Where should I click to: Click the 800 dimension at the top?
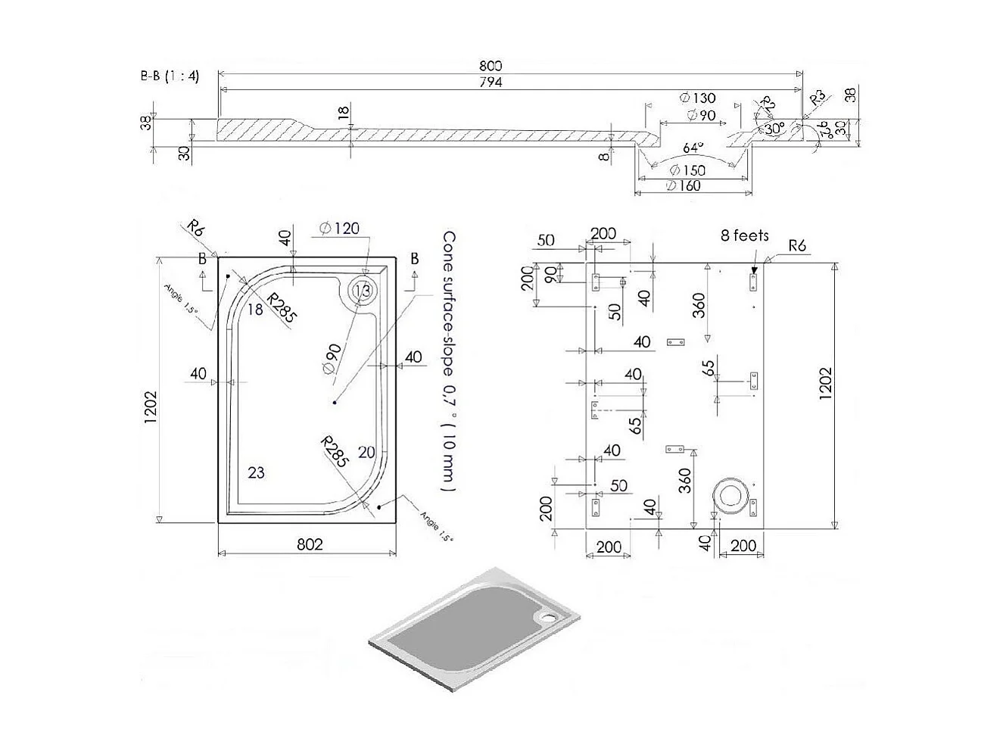[x=491, y=67]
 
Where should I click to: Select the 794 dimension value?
[x=491, y=82]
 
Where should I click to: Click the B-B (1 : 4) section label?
[x=169, y=76]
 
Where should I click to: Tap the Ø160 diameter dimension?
[x=684, y=185]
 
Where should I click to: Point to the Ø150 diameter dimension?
[x=687, y=170]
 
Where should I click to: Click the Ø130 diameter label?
[x=697, y=98]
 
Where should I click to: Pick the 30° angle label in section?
[x=774, y=129]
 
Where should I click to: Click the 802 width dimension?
[x=310, y=544]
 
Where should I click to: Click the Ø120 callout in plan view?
[x=339, y=228]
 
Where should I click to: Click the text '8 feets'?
[x=744, y=235]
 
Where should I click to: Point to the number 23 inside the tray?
[x=256, y=472]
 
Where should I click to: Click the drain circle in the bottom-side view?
[x=733, y=495]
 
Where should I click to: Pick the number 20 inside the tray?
[x=366, y=452]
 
